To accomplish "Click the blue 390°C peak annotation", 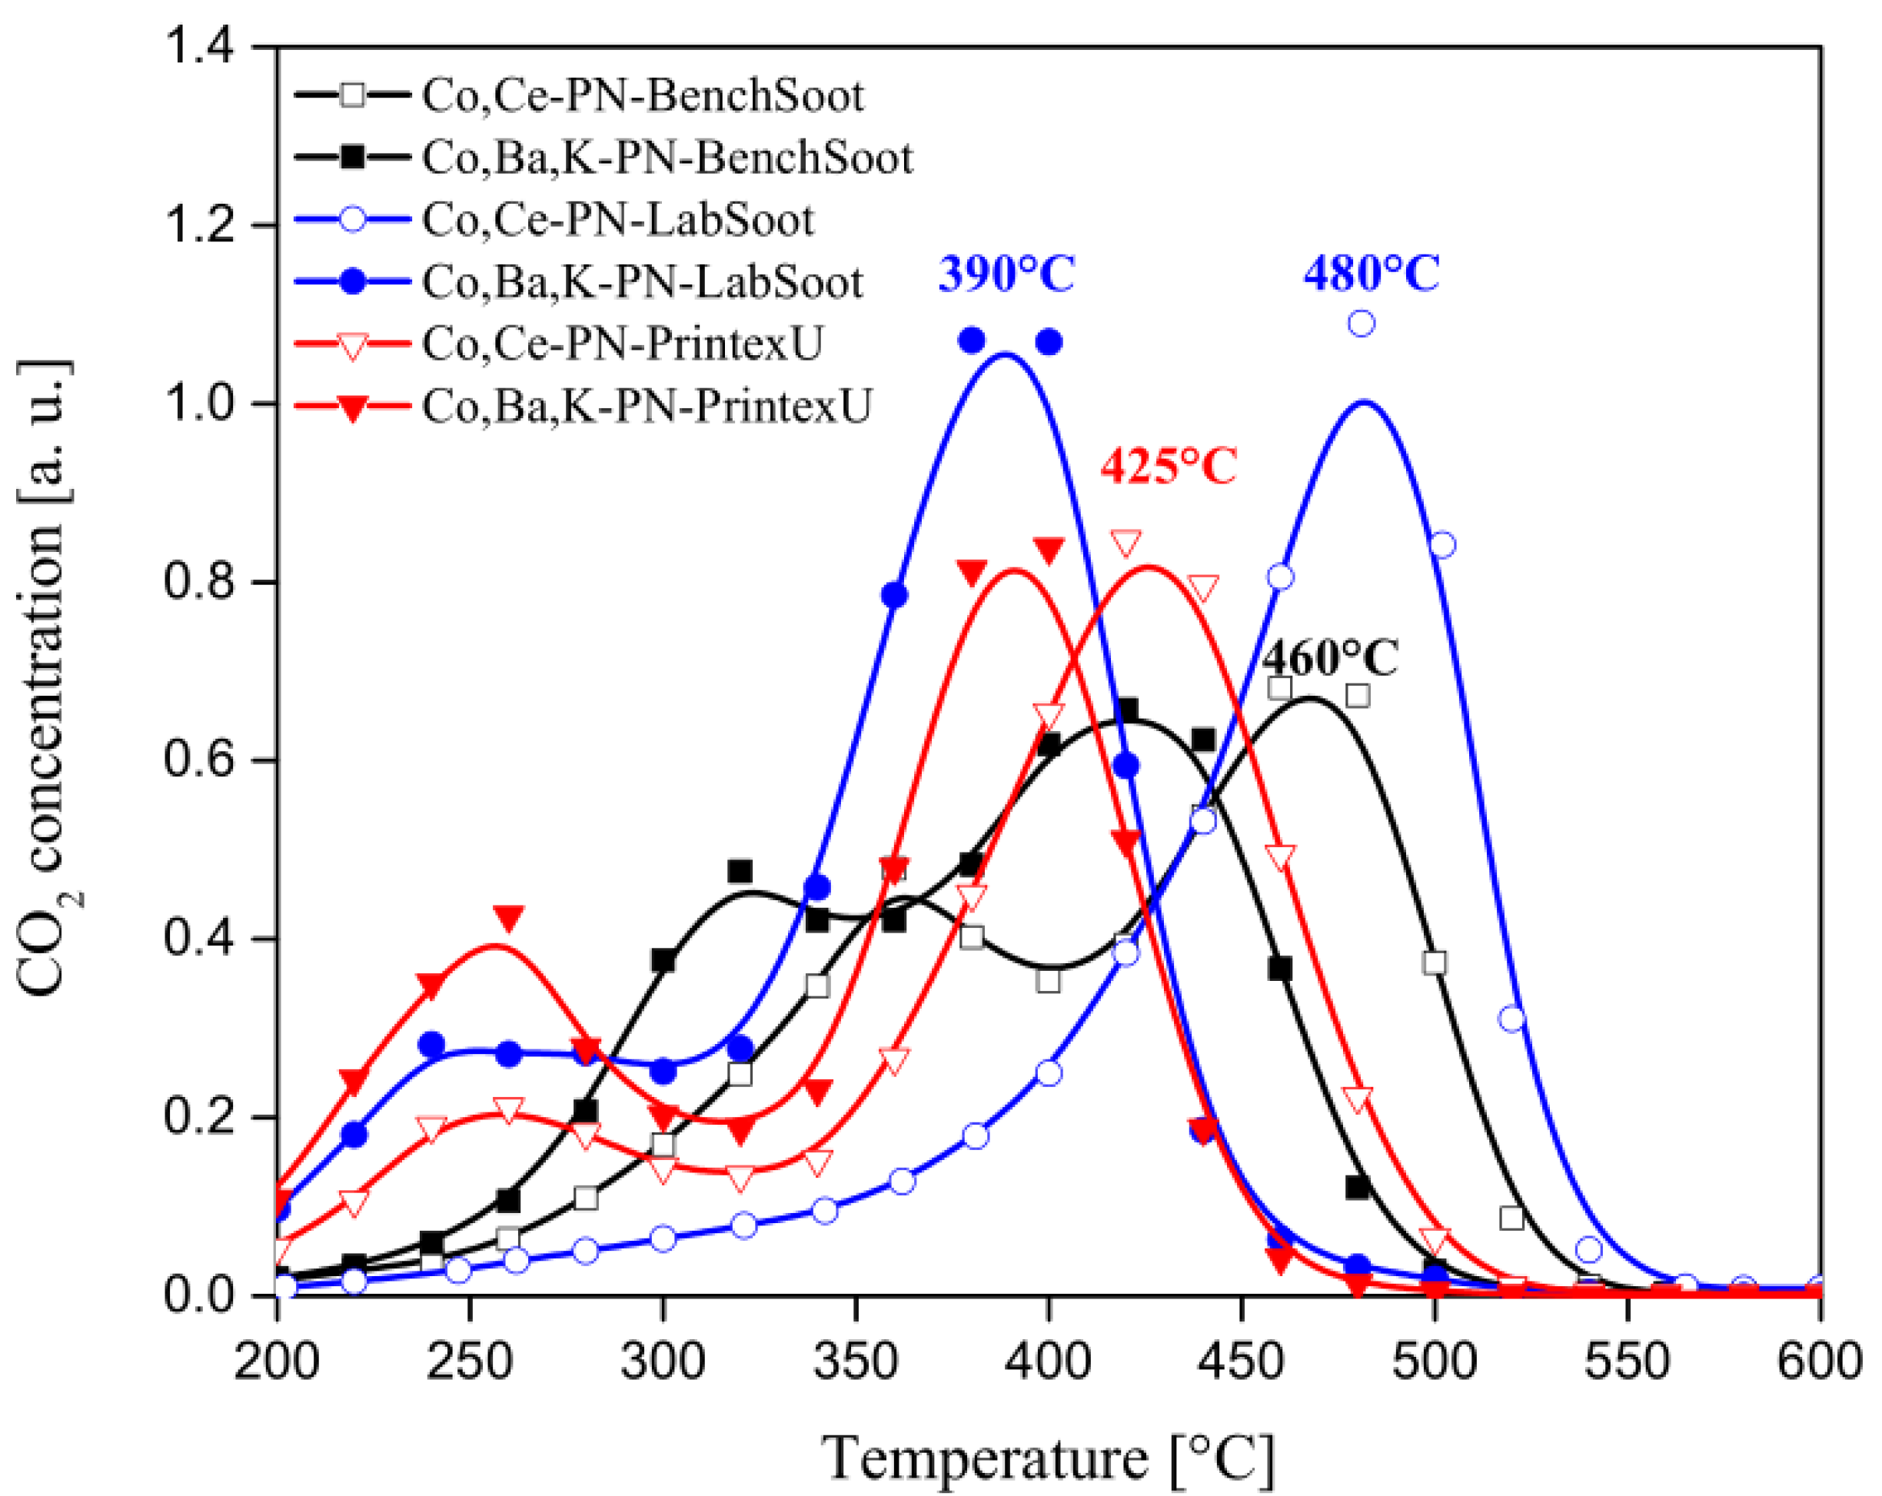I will [x=1006, y=275].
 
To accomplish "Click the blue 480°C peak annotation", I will [x=1372, y=274].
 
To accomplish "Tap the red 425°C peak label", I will [x=1169, y=467].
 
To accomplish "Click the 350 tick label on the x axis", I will [x=856, y=1361].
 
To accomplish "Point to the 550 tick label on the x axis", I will [x=1627, y=1361].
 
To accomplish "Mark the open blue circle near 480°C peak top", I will [x=1362, y=324].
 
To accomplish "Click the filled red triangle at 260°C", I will [x=509, y=917].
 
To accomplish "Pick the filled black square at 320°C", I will [x=740, y=871].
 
